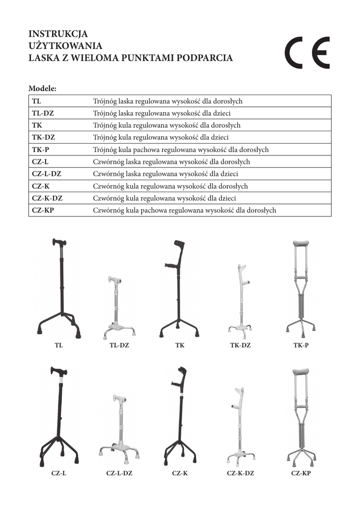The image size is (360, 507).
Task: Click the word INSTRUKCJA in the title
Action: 58,34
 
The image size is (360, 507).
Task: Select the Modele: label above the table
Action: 43,89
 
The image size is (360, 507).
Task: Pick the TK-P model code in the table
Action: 40,150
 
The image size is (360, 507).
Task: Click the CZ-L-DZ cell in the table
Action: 47,174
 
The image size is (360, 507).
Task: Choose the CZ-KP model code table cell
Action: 43,210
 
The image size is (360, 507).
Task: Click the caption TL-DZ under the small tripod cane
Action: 119,345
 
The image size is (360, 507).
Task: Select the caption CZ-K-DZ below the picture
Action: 240,473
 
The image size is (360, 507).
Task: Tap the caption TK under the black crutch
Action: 180,345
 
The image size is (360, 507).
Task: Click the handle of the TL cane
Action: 59,243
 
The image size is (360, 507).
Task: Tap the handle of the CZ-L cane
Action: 58,371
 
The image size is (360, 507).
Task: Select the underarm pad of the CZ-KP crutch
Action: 301,371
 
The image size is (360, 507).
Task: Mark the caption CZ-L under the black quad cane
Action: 59,473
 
